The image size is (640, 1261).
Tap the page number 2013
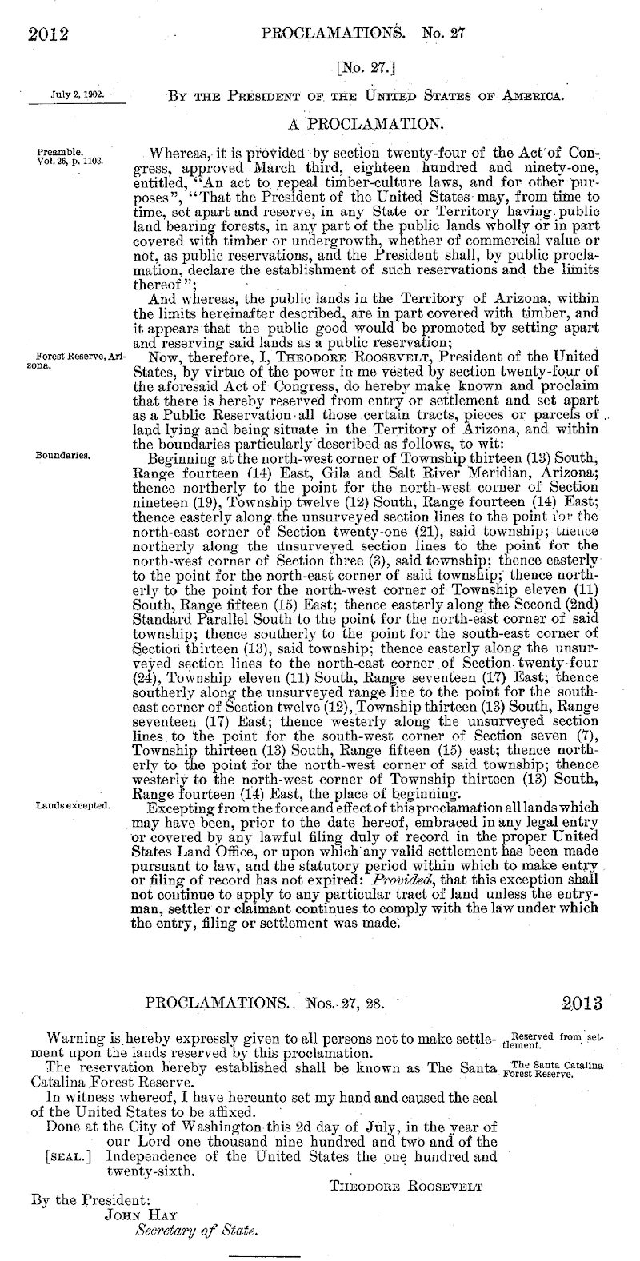point(582,1003)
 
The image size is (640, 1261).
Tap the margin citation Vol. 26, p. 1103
point(70,159)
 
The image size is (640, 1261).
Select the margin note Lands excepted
point(72,805)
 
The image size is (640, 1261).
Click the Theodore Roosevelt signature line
point(406,1186)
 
